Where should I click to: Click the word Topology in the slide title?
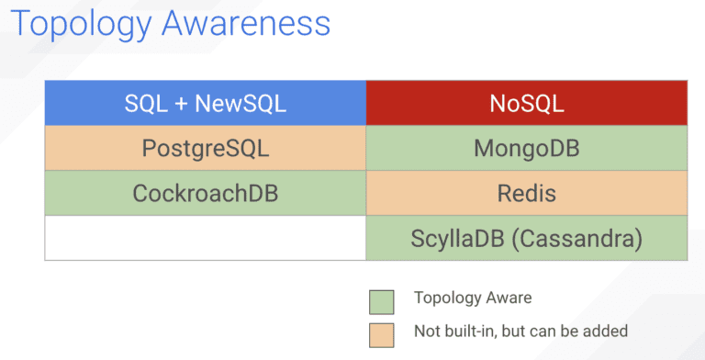click(81, 24)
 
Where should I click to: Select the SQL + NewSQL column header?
click(206, 103)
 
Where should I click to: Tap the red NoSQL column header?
click(526, 103)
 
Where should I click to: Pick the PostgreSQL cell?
click(206, 148)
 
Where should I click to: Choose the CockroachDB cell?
click(206, 194)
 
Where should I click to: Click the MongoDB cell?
click(526, 148)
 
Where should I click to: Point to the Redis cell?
click(526, 194)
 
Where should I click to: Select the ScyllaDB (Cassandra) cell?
click(526, 239)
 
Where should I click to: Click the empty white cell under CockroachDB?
click(206, 239)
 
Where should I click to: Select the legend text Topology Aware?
click(472, 298)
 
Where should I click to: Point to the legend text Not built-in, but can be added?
click(520, 331)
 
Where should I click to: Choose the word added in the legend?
click(607, 331)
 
